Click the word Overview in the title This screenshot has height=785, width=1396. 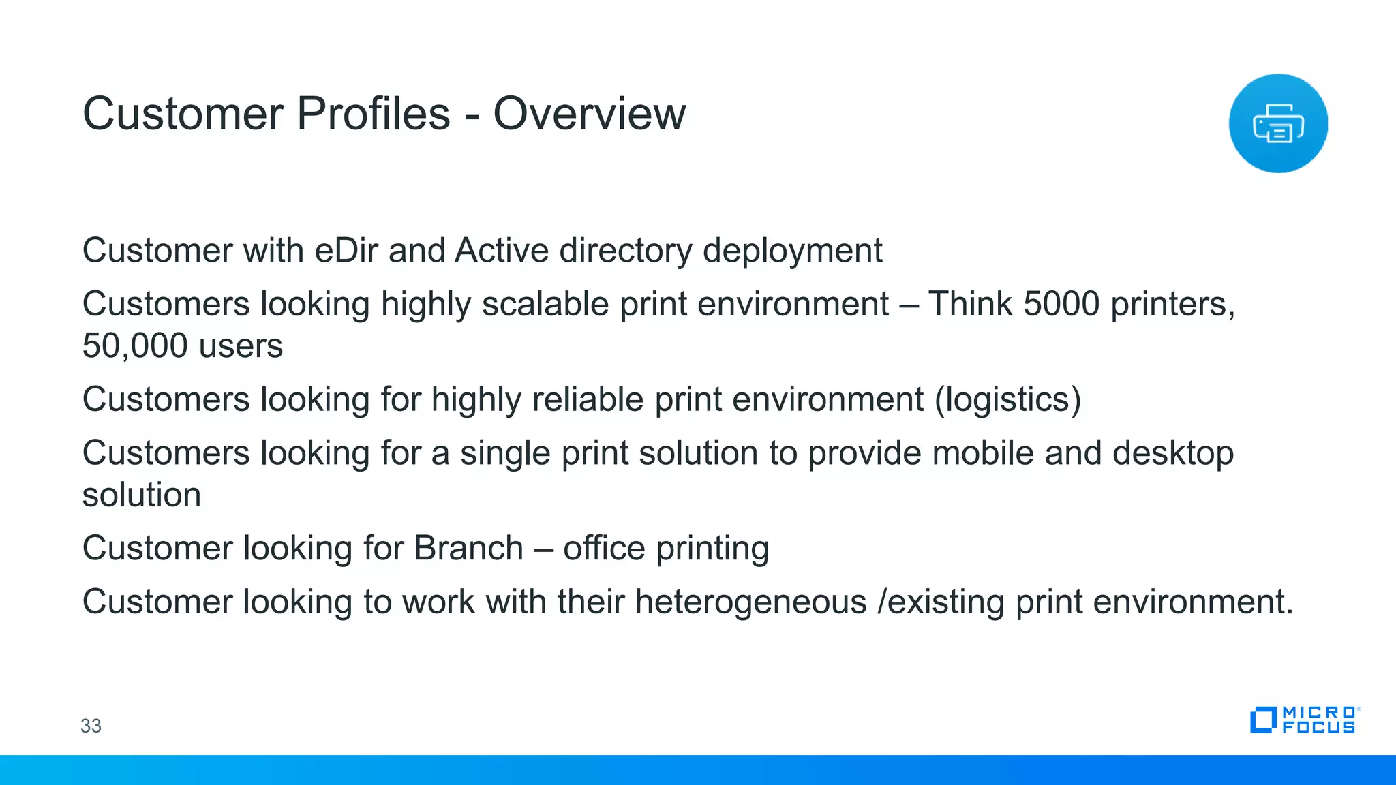pyautogui.click(x=589, y=114)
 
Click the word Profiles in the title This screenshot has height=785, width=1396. pyautogui.click(x=374, y=114)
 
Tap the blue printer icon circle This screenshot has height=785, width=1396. pyautogui.click(x=1278, y=123)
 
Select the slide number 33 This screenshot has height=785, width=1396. pyautogui.click(x=91, y=726)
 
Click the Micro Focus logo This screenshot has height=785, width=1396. pyautogui.click(x=1305, y=720)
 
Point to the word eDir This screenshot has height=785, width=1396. pyautogui.click(x=346, y=250)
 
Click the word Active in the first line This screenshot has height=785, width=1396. pyautogui.click(x=502, y=250)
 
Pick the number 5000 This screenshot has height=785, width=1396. pyautogui.click(x=1061, y=304)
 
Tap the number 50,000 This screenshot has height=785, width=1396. pyautogui.click(x=135, y=346)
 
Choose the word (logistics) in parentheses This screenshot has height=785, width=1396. pyautogui.click(x=1007, y=400)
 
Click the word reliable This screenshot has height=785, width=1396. pyautogui.click(x=588, y=399)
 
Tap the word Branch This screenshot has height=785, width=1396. pyautogui.click(x=468, y=548)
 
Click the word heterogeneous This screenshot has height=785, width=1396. pyautogui.click(x=750, y=602)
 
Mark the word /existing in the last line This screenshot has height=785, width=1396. pyautogui.click(x=941, y=602)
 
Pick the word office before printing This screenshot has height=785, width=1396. pyautogui.click(x=604, y=548)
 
